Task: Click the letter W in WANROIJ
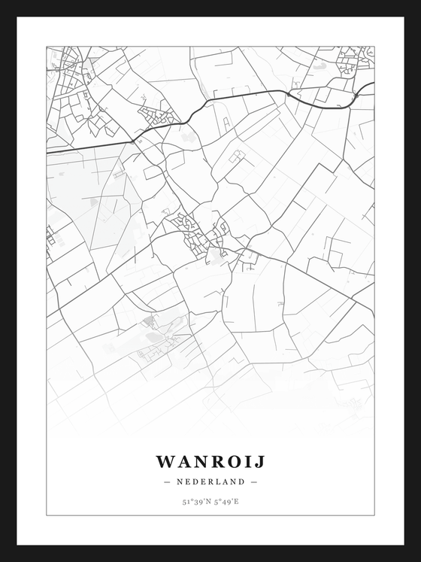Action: [x=164, y=460]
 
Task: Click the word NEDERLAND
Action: [x=210, y=481]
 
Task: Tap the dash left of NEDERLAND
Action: [x=166, y=481]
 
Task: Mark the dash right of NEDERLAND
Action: [x=254, y=481]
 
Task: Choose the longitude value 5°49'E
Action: [x=226, y=500]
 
